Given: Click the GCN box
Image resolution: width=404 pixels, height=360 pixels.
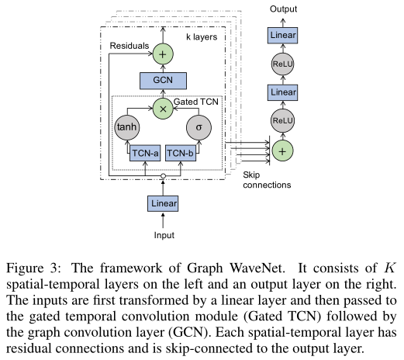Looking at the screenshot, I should click(163, 79).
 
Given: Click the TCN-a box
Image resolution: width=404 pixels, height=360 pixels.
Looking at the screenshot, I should click(144, 154).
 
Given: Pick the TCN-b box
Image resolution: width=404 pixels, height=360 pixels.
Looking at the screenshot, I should click(181, 154).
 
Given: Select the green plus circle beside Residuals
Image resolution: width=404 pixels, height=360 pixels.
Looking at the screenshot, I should click(163, 53).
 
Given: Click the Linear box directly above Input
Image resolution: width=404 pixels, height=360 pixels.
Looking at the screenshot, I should click(163, 204).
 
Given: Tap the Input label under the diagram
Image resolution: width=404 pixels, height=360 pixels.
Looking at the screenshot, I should click(163, 234).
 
